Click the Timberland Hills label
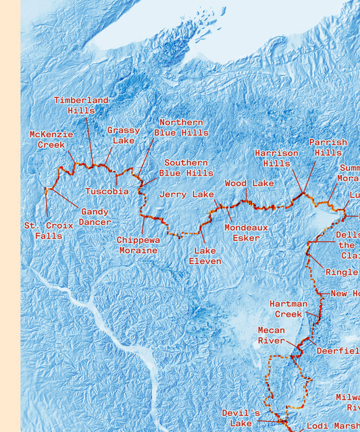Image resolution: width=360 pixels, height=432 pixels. [81, 105]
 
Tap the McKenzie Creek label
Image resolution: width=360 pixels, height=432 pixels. [51, 140]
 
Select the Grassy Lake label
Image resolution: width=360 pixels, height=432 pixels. [124, 135]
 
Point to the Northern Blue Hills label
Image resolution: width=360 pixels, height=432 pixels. [181, 128]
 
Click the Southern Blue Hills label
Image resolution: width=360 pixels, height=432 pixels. [186, 168]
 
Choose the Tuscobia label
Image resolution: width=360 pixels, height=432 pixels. [107, 191]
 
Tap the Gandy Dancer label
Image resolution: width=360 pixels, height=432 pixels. [95, 217]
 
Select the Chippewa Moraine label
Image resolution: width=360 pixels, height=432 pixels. [138, 245]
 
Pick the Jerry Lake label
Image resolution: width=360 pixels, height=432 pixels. [186, 194]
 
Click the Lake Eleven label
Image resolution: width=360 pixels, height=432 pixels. [205, 256]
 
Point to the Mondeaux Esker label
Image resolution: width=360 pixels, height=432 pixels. [246, 232]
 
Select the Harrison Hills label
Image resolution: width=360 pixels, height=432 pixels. [276, 158]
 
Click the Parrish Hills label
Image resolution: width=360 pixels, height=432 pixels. [328, 147]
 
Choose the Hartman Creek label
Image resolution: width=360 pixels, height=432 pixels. [288, 309]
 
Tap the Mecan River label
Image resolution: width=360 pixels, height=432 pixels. [272, 335]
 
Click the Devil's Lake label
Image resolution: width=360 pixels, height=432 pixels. [241, 418]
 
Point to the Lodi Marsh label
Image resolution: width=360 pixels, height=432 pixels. [333, 426]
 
